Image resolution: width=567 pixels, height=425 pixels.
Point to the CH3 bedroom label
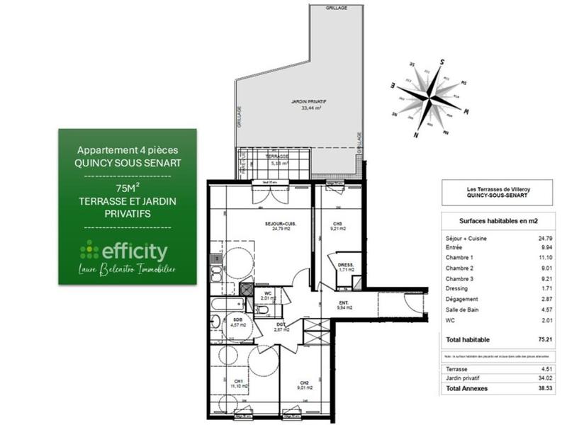337,225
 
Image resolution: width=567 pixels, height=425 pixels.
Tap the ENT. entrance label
341,305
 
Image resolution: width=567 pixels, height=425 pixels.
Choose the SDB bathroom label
237,320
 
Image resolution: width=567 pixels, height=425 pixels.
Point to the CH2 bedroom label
303,383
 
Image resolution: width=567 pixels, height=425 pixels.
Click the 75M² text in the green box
128,188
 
